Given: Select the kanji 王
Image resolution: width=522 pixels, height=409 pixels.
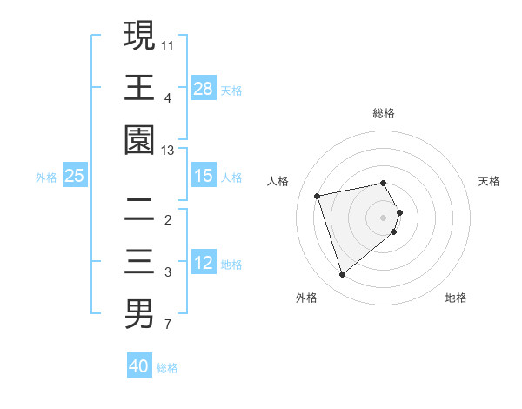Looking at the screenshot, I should [139, 87].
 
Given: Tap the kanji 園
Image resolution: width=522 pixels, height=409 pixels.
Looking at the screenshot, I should [139, 140].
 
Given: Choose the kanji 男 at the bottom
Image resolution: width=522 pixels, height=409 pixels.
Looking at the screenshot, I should [139, 313].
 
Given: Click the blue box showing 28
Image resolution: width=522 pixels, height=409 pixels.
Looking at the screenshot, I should [204, 89].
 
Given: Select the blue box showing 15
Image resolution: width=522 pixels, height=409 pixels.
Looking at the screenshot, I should [204, 176].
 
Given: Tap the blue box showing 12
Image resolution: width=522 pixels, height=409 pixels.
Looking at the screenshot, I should [204, 263].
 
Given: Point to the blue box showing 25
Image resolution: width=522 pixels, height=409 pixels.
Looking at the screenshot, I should [75, 176].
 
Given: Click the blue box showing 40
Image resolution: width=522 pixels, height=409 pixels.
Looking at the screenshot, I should [139, 366].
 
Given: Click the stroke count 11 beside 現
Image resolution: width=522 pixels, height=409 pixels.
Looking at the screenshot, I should [168, 43].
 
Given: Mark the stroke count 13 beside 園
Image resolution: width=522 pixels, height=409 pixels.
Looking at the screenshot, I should [168, 151].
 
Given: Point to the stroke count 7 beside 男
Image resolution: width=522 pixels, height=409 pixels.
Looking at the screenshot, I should [168, 325].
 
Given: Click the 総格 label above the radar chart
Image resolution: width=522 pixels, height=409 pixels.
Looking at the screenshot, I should [384, 113].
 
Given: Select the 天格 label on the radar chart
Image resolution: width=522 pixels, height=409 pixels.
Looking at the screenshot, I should [490, 181].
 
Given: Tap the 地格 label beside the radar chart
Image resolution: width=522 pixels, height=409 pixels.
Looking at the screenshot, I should [456, 298].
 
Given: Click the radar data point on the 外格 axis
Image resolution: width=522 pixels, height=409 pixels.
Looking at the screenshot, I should [342, 275].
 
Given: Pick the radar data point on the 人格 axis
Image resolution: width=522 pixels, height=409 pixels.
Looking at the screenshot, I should [318, 195].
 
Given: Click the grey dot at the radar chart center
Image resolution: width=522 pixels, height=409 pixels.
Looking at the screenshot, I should [384, 216].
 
